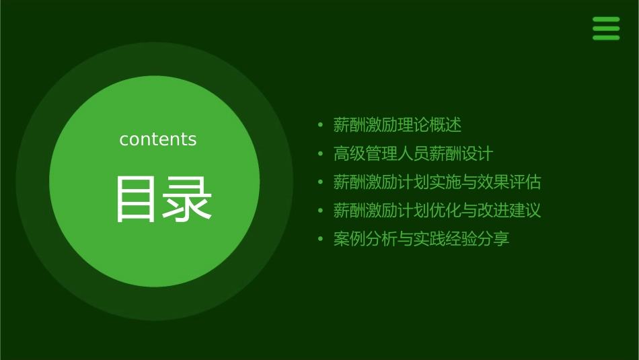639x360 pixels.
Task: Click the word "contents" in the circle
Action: [x=158, y=139]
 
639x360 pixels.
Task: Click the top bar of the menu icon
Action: [x=606, y=20]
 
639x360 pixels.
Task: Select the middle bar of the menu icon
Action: [x=606, y=28]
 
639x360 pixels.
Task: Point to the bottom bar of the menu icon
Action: [x=606, y=38]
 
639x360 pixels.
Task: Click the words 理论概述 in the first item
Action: [x=430, y=125]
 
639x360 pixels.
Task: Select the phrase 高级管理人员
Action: [x=381, y=154]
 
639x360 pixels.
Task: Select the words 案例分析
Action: [x=365, y=240]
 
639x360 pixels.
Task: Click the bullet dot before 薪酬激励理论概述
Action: [x=321, y=125]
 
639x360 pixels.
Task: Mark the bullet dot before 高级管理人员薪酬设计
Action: [x=321, y=154]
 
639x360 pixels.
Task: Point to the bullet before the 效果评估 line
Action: [x=321, y=182]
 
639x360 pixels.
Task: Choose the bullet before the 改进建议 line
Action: [x=321, y=211]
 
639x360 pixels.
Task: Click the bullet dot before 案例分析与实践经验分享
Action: [x=321, y=240]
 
